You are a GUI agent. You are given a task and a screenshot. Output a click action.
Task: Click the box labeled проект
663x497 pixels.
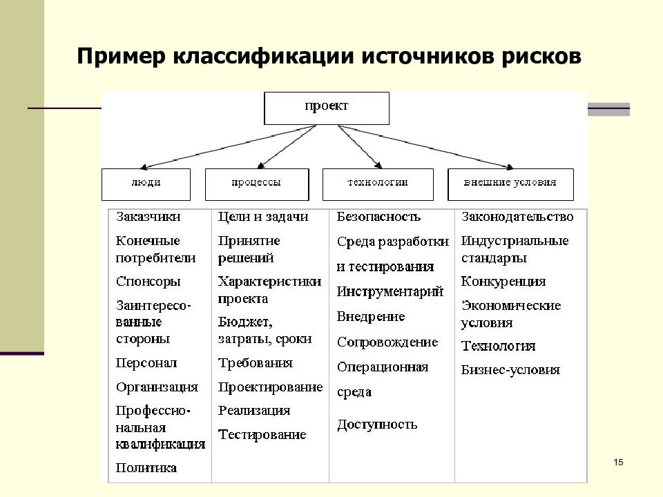[x=327, y=108]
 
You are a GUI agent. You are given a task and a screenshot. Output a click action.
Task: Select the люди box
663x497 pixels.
[x=146, y=184]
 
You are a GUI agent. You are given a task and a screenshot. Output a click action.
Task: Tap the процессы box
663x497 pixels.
[x=257, y=184]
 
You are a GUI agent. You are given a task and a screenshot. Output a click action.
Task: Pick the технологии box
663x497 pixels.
[x=378, y=184]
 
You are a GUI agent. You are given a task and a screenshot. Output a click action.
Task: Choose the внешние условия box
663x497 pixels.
[x=510, y=184]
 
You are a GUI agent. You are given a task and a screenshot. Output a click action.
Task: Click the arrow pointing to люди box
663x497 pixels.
[x=229, y=146]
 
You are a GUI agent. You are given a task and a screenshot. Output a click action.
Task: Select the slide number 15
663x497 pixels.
[x=618, y=462]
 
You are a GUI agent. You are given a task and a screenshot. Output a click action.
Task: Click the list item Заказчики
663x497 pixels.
[x=148, y=217]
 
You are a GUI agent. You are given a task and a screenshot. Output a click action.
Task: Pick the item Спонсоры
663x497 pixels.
[x=148, y=282]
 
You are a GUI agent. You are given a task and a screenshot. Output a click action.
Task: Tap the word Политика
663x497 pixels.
[x=146, y=468]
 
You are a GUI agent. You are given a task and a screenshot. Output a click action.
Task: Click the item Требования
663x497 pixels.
[x=256, y=363]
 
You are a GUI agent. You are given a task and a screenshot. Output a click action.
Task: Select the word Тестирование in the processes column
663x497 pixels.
[x=262, y=434]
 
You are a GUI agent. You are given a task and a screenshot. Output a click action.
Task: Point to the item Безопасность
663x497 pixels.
[x=378, y=217]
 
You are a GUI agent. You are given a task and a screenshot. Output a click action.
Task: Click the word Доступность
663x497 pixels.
[x=377, y=425]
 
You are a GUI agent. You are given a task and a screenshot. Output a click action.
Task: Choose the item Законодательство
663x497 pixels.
[x=517, y=217]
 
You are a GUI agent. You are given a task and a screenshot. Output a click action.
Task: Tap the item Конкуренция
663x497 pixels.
[x=503, y=282]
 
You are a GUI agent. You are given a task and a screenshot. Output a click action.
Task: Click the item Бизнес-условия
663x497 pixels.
[x=510, y=370]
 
